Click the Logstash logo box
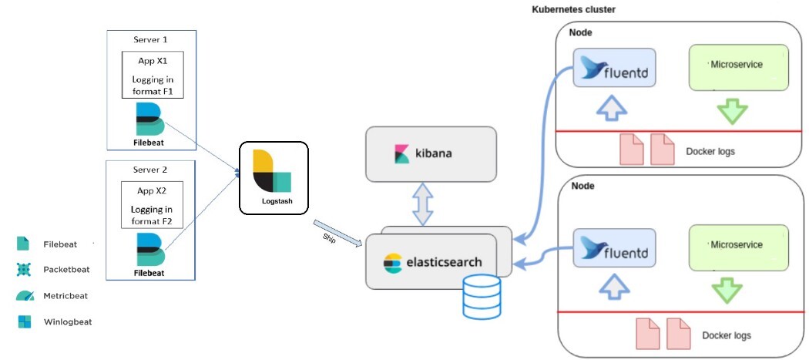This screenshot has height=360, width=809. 274,177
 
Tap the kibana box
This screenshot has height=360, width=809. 431,154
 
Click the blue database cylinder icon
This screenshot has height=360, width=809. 482,297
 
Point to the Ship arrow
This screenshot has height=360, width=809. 337,234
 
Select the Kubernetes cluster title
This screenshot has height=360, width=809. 573,9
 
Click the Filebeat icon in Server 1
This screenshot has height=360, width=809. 149,119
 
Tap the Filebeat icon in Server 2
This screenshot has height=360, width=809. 149,250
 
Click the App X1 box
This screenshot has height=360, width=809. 153,74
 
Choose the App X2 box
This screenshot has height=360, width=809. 153,204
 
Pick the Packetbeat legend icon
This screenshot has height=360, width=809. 24,269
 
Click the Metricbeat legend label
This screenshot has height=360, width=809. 65,296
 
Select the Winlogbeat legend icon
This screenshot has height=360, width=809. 24,321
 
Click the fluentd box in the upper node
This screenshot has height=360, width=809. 614,67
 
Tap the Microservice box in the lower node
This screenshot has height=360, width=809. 739,247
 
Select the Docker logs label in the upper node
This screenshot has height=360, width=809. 710,152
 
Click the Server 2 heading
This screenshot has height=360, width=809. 150,170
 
